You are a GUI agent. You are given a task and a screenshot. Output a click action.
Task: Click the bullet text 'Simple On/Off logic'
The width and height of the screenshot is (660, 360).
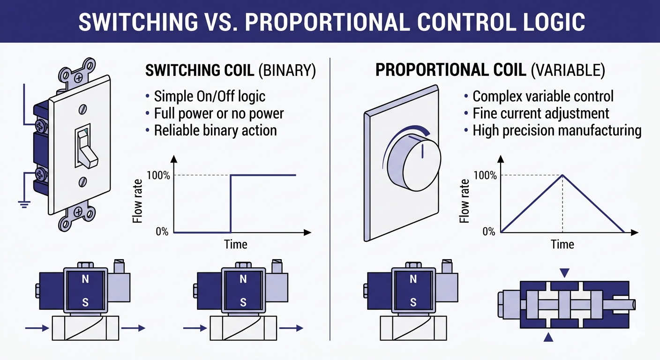210,97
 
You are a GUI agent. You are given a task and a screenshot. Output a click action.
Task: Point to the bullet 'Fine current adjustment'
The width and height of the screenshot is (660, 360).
540,113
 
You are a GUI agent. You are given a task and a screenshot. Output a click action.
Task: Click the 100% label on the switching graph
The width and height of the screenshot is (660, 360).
157,175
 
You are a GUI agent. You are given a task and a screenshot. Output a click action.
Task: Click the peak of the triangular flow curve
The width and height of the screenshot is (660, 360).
562,175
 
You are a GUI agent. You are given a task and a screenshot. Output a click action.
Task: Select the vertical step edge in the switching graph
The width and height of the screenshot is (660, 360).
230,203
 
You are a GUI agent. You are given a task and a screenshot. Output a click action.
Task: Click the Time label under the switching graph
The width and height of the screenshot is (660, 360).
235,244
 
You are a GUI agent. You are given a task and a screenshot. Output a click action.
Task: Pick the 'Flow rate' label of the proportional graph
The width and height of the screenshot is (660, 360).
465,201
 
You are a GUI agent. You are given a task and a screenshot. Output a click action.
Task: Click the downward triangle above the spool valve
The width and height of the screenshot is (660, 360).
564,272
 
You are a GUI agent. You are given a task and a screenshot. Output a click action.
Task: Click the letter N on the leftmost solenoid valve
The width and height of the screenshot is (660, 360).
85,280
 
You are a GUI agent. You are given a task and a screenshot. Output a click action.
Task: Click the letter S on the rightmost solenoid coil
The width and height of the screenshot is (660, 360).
413,302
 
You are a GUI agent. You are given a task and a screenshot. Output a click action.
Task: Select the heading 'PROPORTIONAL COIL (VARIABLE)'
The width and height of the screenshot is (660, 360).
490,71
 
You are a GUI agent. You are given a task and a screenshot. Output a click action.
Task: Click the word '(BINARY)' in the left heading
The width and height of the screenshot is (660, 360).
287,71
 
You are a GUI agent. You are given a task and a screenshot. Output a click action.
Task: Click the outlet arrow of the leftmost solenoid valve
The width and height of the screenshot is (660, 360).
133,328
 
